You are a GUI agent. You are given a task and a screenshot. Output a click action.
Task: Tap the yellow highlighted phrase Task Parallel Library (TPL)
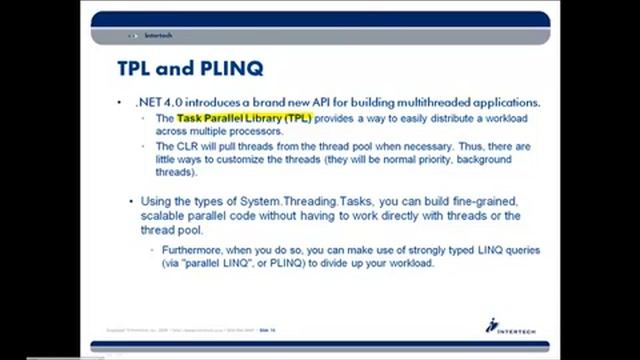click(x=244, y=118)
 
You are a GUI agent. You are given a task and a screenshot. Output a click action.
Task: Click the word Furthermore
click(x=196, y=249)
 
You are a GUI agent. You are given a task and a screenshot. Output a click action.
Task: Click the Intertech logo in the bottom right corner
click(x=504, y=326)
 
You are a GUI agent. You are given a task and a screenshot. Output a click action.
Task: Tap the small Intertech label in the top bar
click(x=157, y=36)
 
